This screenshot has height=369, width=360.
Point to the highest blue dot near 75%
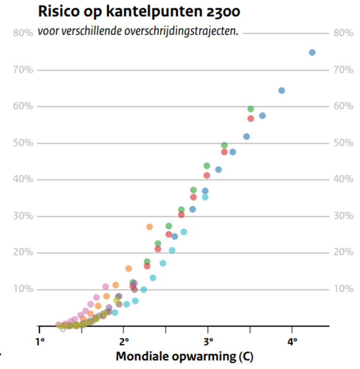click(x=312, y=52)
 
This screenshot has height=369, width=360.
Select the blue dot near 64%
click(x=281, y=90)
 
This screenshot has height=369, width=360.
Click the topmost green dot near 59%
click(x=251, y=109)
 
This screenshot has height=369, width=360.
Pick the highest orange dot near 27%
click(x=149, y=227)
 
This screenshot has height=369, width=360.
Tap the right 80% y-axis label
click(x=343, y=33)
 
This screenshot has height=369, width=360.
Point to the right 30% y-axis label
click(x=343, y=216)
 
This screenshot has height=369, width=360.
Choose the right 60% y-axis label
click(x=343, y=106)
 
